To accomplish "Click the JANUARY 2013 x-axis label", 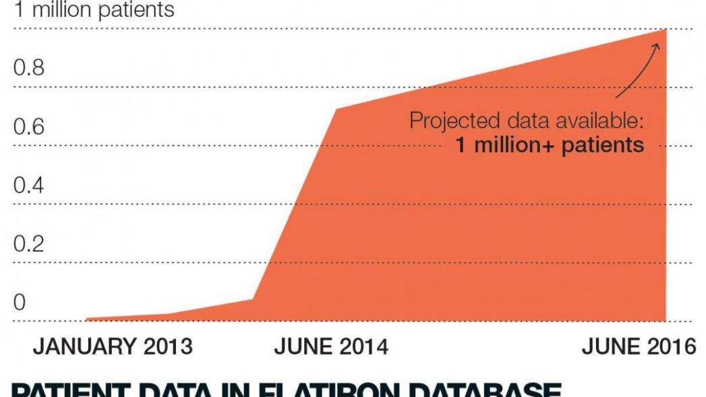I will tap(113, 346).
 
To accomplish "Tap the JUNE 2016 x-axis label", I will tap(639, 346).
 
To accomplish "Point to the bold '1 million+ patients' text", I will tap(550, 144).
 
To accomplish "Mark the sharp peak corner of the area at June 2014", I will tap(336, 108).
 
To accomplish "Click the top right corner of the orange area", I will tap(666, 30).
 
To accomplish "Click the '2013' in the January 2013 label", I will tap(168, 346).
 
